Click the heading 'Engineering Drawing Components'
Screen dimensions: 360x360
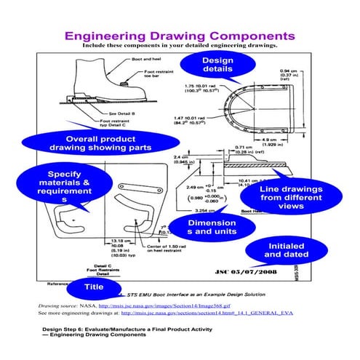tap(179, 36)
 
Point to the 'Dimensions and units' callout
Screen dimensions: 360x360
tap(211, 228)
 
